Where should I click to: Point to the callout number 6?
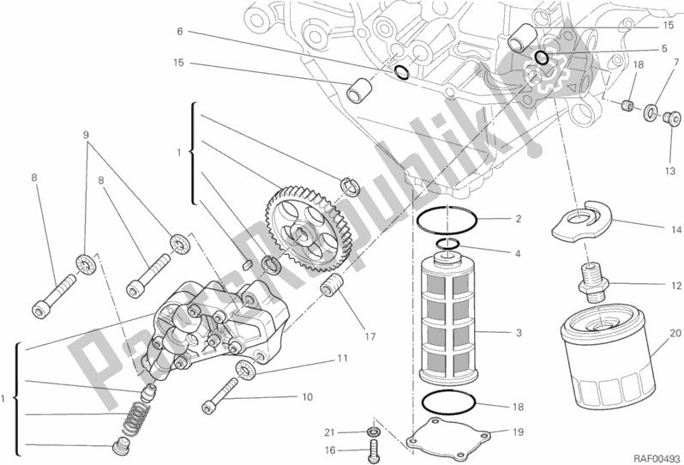180,31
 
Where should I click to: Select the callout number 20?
675,334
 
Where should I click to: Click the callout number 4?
519,254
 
